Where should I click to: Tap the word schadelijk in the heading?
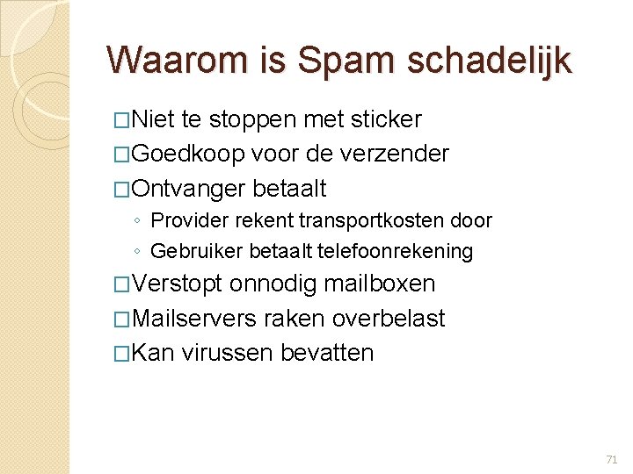click(488, 61)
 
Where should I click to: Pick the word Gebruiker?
click(197, 252)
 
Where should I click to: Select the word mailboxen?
click(379, 284)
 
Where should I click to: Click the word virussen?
click(227, 353)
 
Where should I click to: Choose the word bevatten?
click(327, 353)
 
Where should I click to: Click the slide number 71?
click(612, 459)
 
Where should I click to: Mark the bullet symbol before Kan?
click(123, 354)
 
